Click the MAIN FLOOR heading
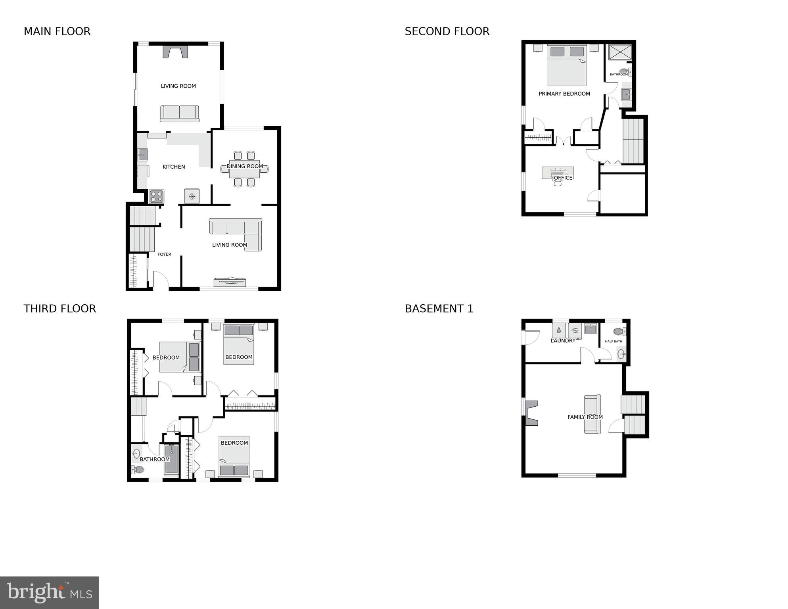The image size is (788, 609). tap(57, 31)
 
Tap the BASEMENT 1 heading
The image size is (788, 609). tap(439, 309)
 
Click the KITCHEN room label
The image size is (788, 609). tap(174, 167)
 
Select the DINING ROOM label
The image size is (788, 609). tap(245, 166)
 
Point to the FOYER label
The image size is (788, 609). tap(164, 254)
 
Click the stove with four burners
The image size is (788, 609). tap(157, 196)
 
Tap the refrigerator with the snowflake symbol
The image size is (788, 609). tap(192, 196)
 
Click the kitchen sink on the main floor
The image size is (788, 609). tap(143, 154)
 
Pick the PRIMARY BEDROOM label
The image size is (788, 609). tap(564, 94)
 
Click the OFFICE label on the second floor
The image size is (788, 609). tap(563, 178)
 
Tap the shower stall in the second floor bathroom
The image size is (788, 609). tap(620, 52)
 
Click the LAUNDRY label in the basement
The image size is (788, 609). tap(563, 341)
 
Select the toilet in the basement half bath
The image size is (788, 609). tap(619, 331)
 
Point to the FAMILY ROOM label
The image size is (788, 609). tap(585, 417)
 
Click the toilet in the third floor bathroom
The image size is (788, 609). tap(138, 470)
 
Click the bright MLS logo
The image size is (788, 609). tap(49, 593)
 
